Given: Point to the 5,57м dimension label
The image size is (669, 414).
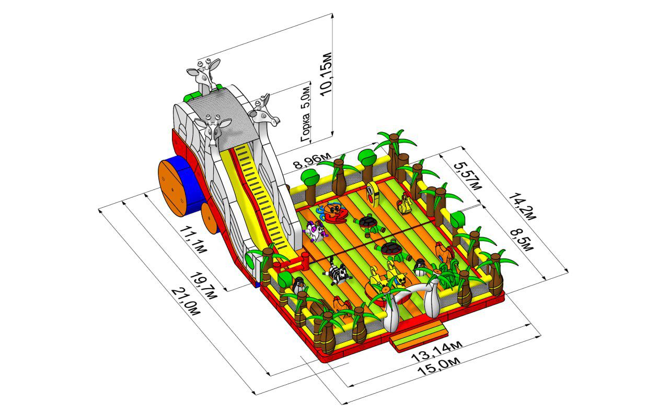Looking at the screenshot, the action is click(468, 176).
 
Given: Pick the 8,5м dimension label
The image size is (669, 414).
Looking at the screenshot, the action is click(522, 240).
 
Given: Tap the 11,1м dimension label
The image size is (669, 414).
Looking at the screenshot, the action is click(193, 239).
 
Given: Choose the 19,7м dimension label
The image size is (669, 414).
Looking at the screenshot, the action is click(204, 286).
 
